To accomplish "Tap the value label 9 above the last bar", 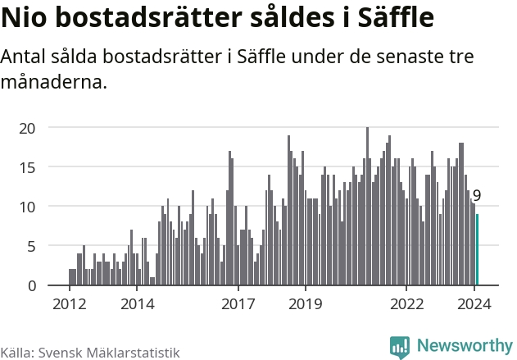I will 477,196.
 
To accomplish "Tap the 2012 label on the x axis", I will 69,304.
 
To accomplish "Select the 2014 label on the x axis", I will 137,304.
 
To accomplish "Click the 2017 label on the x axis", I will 238,304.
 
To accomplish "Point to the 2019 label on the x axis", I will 306,304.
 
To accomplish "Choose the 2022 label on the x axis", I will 407,304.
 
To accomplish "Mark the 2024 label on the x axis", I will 474,304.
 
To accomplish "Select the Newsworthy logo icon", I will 400,346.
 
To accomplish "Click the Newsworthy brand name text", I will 464,346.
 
